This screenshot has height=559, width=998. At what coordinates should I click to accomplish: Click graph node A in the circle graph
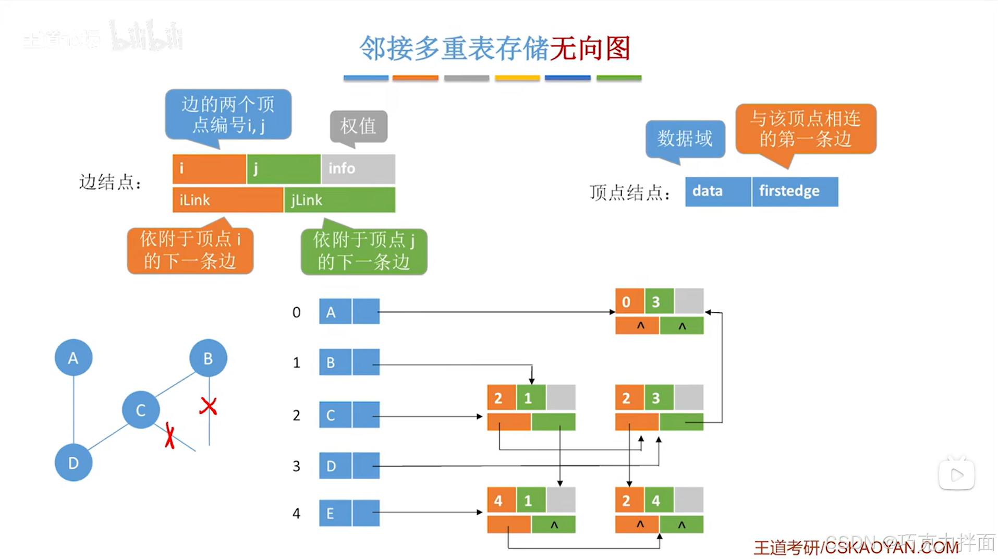click(x=74, y=358)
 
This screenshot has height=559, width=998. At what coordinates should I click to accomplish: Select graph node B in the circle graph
click(x=208, y=358)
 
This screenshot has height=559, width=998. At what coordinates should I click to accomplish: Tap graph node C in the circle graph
click(x=141, y=410)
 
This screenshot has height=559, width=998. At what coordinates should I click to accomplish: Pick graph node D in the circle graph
click(x=74, y=463)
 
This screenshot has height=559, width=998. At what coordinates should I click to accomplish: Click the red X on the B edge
click(x=209, y=406)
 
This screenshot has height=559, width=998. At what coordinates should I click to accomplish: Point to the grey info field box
click(x=358, y=168)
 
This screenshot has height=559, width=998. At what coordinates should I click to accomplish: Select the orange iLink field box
click(x=228, y=200)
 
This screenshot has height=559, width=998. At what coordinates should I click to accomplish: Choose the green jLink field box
click(x=339, y=200)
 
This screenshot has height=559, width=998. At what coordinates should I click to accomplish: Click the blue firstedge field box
click(x=795, y=191)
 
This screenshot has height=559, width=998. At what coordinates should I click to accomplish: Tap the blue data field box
click(x=717, y=191)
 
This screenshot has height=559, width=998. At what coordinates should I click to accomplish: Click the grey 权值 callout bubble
click(x=359, y=126)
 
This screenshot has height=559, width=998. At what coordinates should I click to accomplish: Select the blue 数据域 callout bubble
click(x=685, y=138)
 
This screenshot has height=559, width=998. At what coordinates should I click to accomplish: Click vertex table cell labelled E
click(x=335, y=513)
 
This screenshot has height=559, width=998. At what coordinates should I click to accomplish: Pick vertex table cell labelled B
click(x=335, y=362)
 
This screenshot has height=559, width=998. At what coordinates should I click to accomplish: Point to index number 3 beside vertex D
click(x=296, y=466)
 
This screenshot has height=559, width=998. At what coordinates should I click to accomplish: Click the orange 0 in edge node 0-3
click(x=629, y=301)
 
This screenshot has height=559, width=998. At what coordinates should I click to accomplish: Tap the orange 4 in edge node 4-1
click(x=502, y=501)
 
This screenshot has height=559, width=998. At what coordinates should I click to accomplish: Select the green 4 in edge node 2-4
click(x=659, y=501)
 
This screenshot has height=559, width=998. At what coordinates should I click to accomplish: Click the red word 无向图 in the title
click(x=590, y=48)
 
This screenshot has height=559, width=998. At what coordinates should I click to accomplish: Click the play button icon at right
click(x=957, y=475)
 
